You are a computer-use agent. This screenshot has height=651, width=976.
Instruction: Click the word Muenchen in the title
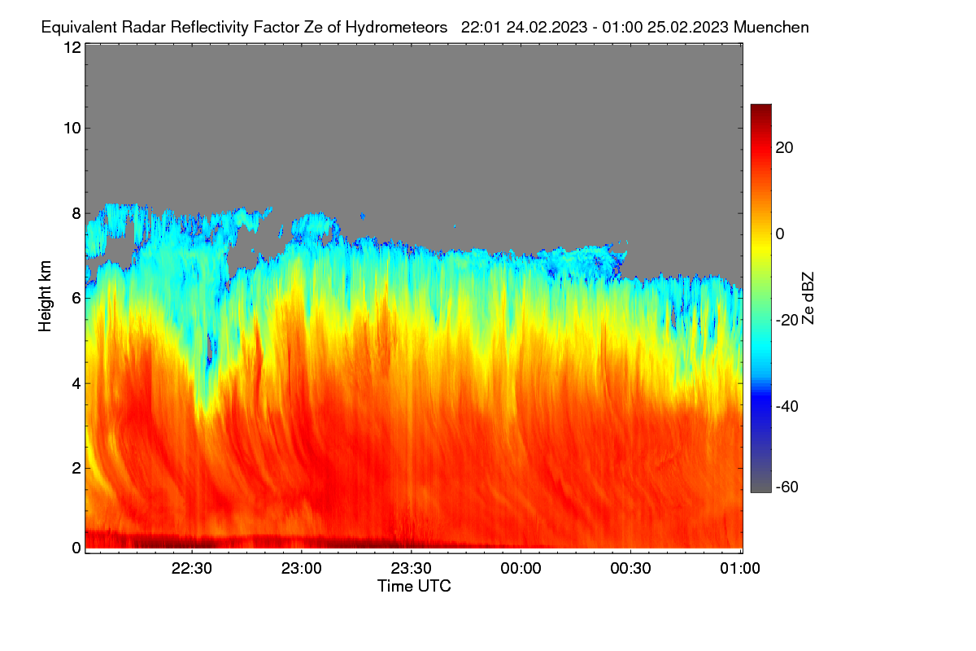[x=771, y=27]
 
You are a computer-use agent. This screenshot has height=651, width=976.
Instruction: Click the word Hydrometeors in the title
[x=396, y=28]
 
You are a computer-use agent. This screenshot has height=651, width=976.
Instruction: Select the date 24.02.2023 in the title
[x=547, y=27]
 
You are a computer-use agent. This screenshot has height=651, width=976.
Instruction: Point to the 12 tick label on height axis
[x=72, y=47]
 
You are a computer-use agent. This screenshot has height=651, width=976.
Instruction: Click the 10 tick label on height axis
[x=72, y=129]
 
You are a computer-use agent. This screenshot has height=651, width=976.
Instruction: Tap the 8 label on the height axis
[x=76, y=213]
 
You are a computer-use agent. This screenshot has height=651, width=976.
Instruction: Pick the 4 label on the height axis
[x=76, y=383]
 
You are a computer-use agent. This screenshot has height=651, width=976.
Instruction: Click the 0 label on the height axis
[x=76, y=548]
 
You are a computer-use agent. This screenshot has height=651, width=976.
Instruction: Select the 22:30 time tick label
[x=192, y=568]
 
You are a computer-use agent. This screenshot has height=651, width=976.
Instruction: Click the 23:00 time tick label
[x=302, y=568]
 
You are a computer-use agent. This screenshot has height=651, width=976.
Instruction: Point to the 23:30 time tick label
[x=411, y=568]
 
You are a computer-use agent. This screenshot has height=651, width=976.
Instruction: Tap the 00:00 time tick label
[x=521, y=568]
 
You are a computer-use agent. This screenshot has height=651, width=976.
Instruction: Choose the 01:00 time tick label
[x=740, y=568]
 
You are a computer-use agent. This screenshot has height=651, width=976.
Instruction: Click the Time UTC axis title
[x=414, y=586]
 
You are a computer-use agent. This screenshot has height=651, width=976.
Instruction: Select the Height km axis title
[x=45, y=296]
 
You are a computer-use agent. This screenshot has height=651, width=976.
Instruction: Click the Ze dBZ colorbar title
[x=808, y=299]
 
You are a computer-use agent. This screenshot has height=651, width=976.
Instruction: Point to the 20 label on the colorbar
[x=784, y=148]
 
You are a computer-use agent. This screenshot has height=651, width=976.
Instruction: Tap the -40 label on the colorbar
[x=787, y=406]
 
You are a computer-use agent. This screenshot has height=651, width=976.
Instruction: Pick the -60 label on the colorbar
[x=787, y=487]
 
